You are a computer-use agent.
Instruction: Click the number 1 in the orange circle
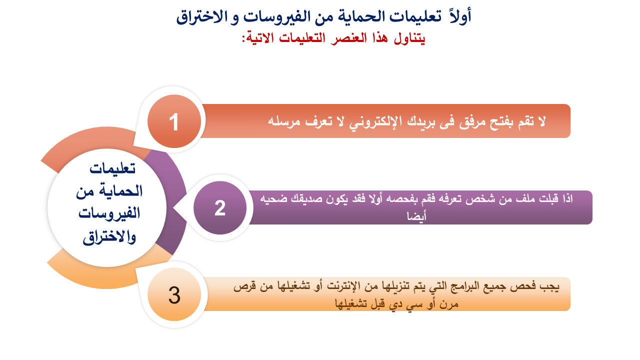[x=174, y=122]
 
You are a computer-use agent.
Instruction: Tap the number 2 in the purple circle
[x=220, y=208]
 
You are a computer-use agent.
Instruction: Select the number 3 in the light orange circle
[x=174, y=295]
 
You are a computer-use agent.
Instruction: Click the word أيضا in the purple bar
[x=416, y=215]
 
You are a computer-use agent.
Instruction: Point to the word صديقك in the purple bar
[x=305, y=198]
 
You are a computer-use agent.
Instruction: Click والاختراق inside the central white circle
[x=109, y=237]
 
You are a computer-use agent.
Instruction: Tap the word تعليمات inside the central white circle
[x=112, y=169]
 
